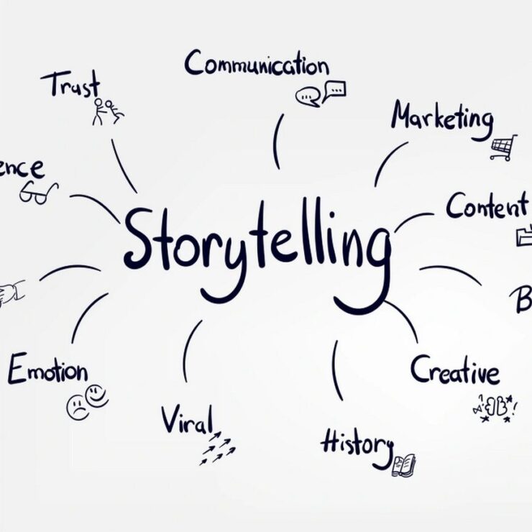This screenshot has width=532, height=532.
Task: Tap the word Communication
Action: point(257,65)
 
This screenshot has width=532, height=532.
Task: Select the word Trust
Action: point(70,85)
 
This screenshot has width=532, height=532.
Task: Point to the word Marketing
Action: point(442,117)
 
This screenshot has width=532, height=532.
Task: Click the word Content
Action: point(487,207)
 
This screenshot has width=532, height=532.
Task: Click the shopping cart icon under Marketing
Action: point(503,147)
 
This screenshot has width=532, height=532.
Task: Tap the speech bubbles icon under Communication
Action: point(321,93)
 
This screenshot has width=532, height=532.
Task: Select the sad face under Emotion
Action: point(78,408)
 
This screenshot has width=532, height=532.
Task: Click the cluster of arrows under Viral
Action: point(218,449)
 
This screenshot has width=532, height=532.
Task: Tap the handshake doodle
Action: point(10,293)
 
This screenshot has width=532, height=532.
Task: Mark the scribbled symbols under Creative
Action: point(495,407)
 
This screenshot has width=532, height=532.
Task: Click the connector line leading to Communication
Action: point(277,141)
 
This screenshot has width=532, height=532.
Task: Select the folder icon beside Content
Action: point(524,235)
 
